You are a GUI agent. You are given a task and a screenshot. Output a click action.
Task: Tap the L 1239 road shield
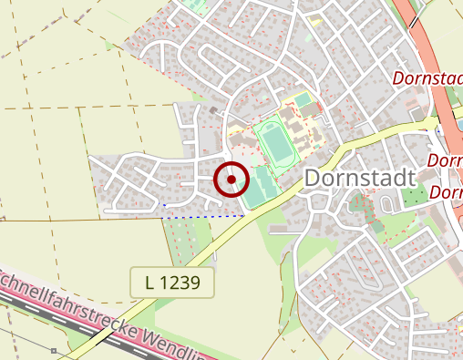[x=172, y=283]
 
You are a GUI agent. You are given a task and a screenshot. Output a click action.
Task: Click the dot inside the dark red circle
[x=231, y=180]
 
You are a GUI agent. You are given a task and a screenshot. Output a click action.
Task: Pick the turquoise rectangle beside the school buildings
[x=301, y=98]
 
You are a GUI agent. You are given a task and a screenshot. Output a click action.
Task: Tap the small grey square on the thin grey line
[x=54, y=349]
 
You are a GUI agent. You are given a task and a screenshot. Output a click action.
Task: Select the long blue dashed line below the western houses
[x=205, y=216]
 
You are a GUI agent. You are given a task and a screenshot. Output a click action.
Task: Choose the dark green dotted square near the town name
[x=414, y=195]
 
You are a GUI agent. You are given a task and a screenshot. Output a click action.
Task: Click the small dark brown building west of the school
[x=213, y=110]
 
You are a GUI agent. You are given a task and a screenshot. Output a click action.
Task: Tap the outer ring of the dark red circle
[x=231, y=163]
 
